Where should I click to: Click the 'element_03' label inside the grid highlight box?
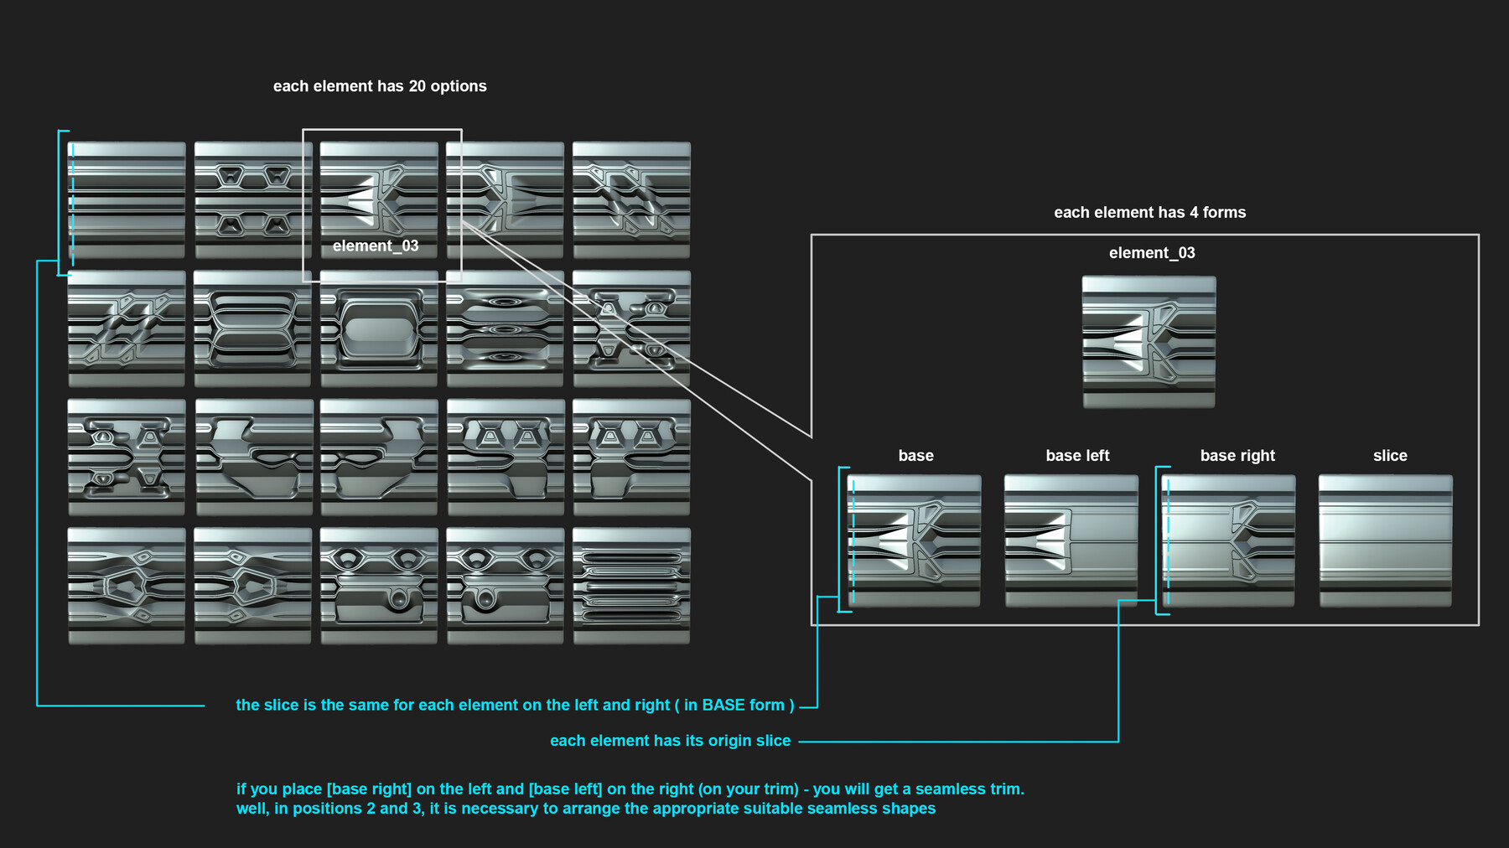click(375, 246)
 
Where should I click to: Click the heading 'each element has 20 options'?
click(380, 86)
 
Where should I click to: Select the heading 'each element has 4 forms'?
click(1149, 213)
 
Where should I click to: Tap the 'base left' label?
click(1077, 456)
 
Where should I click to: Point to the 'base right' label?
click(1237, 456)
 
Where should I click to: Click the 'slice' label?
click(1389, 456)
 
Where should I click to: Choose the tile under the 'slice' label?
click(1385, 540)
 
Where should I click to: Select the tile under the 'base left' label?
click(1071, 540)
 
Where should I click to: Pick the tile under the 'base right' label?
click(1228, 540)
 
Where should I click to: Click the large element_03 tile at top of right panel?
click(1149, 342)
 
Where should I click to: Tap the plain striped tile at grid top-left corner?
click(127, 199)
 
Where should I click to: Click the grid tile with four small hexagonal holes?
click(253, 199)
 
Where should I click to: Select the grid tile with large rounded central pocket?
click(379, 328)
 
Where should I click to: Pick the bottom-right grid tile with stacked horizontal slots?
click(631, 585)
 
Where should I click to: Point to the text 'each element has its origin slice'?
click(670, 741)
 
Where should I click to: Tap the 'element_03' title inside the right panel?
click(1152, 253)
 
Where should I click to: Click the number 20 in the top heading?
click(417, 86)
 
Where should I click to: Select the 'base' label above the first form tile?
click(915, 456)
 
